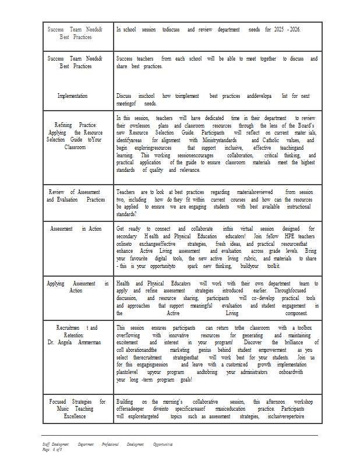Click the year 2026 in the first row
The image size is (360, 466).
(294, 29)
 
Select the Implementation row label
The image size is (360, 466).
(72, 96)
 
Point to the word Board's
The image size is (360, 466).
(305, 125)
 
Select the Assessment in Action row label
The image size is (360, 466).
(76, 229)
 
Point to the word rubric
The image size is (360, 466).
(249, 259)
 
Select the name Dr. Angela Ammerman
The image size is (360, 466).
(74, 343)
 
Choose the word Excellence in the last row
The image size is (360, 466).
(75, 416)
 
